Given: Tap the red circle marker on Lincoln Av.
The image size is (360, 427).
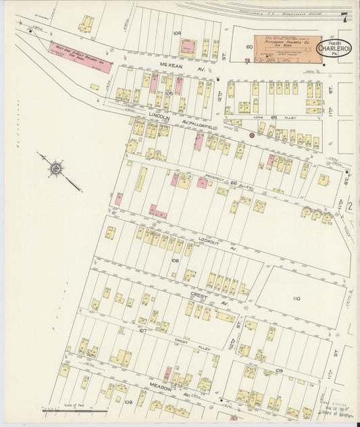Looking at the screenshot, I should pyautogui.click(x=252, y=135).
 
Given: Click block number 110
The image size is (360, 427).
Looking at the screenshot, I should pyautogui.click(x=294, y=298).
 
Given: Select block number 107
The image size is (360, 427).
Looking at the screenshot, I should pyautogui.click(x=143, y=330).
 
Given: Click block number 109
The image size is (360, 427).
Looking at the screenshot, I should pyautogui.click(x=280, y=371).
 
